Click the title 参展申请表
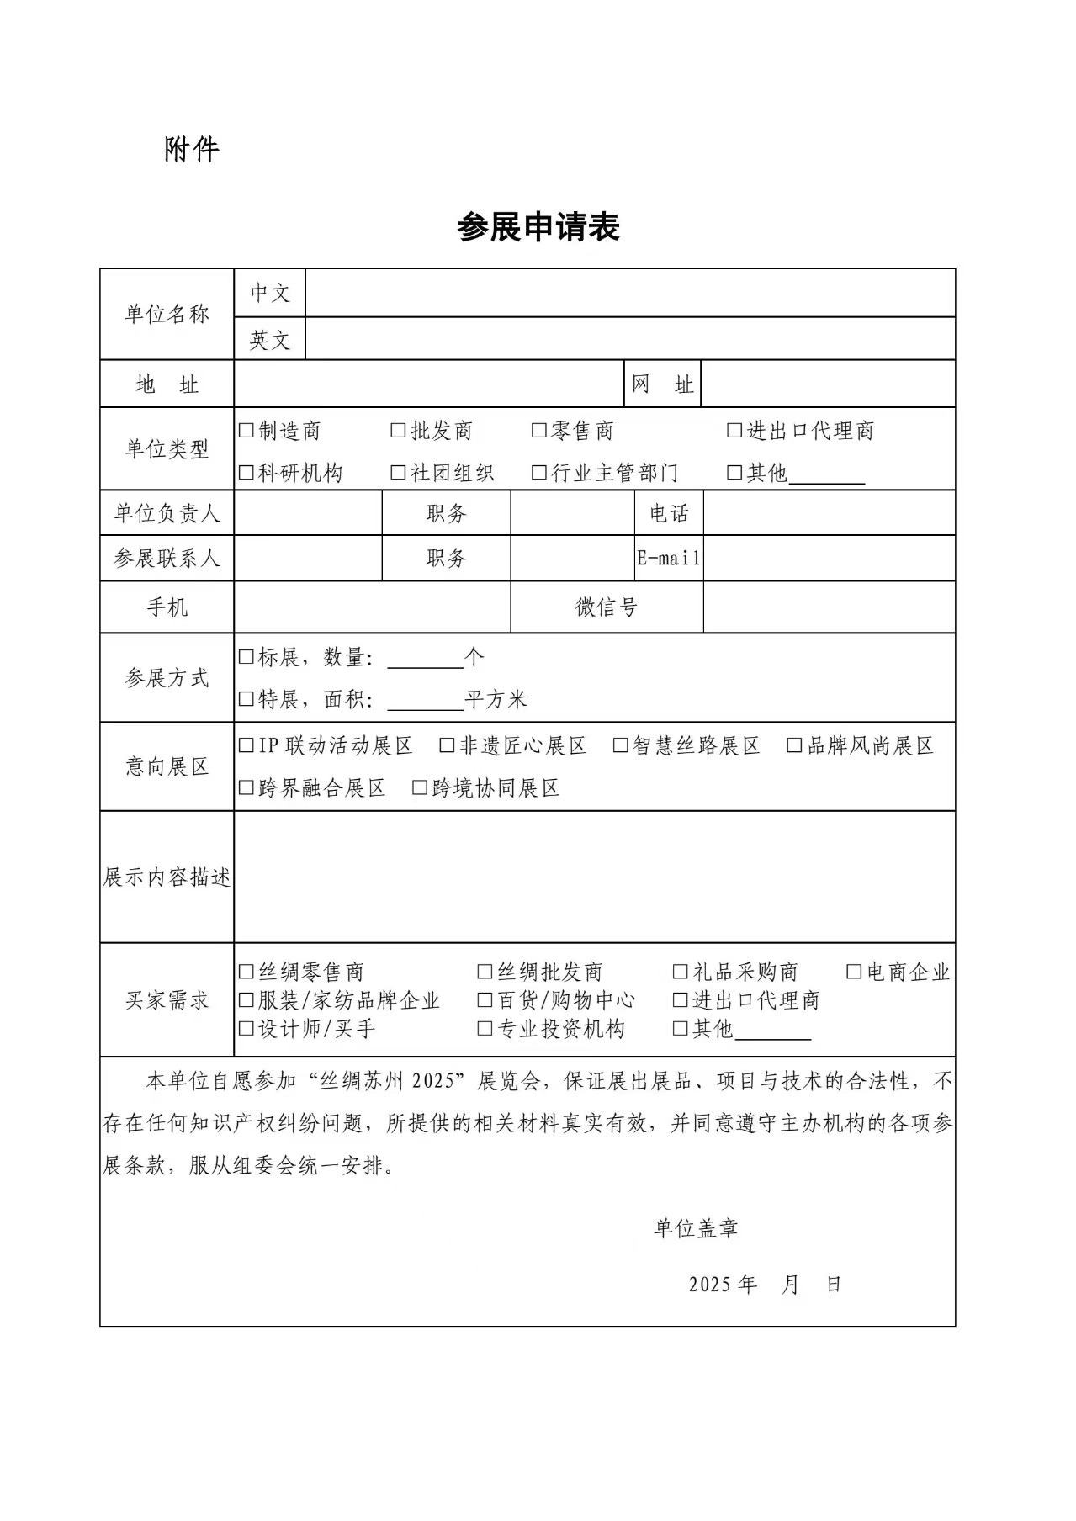coord(538,227)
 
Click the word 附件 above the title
coord(191,150)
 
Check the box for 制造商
coord(246,431)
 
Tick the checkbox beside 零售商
coord(538,431)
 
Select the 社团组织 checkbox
coord(398,473)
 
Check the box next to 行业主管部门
coord(538,473)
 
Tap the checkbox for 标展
coord(246,657)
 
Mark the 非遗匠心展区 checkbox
coord(447,745)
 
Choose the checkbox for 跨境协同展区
coord(419,787)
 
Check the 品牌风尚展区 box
coord(794,745)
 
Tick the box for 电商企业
coord(853,972)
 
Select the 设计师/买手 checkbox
coord(246,1028)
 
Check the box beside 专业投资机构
coord(485,1028)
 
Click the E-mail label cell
coord(669,558)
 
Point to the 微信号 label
coord(606,607)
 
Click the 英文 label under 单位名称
coord(269,340)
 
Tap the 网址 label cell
coord(662,384)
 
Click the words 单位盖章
coord(696,1228)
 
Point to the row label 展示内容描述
coord(167,877)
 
